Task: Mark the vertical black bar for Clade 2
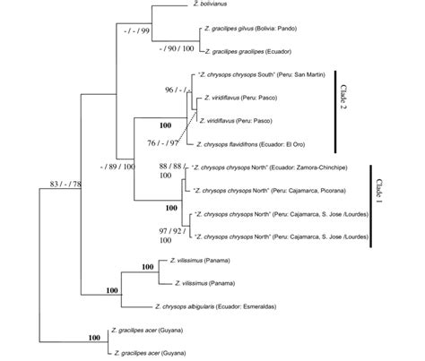336,110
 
